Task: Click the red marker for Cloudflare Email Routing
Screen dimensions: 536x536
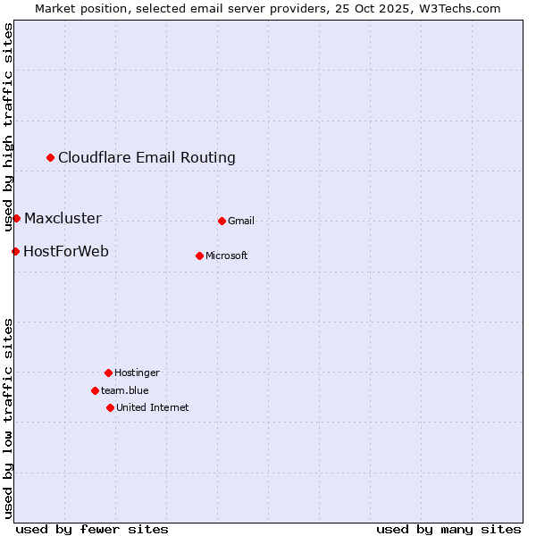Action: [x=51, y=158]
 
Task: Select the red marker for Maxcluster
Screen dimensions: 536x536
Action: [x=16, y=219]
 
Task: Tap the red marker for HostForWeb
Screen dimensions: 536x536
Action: [x=15, y=252]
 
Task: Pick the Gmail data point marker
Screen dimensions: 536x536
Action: [x=222, y=221]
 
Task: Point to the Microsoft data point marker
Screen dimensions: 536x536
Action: [x=199, y=255]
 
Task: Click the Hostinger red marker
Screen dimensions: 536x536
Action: [x=108, y=373]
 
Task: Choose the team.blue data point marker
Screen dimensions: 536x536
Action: [x=95, y=390]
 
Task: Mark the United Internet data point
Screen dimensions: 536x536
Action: [x=110, y=407]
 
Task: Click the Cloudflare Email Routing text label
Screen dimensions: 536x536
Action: [x=147, y=158]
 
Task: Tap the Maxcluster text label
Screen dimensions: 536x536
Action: [x=63, y=219]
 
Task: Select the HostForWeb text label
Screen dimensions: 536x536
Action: [x=66, y=252]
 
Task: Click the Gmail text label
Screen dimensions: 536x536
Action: [x=241, y=222]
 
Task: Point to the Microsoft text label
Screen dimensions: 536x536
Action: [x=227, y=256]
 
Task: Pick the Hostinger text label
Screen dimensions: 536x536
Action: [x=137, y=373]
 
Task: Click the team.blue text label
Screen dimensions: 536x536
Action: [x=125, y=391]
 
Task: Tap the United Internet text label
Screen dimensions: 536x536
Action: [x=153, y=408]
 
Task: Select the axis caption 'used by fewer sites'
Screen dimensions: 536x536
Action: [x=92, y=530]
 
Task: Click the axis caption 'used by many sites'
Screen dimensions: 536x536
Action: [x=448, y=530]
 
